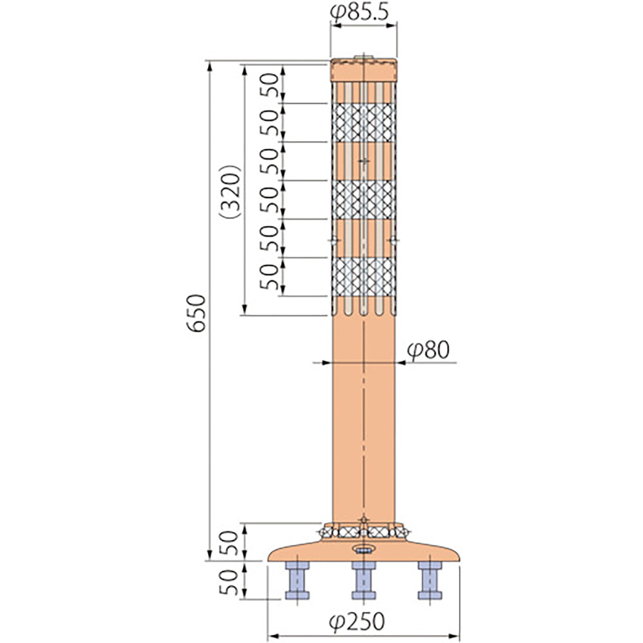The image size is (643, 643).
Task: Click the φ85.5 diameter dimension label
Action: [359, 13]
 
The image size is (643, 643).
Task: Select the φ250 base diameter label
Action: [357, 621]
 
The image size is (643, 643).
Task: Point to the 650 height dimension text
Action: [197, 313]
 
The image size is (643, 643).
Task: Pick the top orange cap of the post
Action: [364, 70]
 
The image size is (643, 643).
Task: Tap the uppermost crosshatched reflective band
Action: [364, 123]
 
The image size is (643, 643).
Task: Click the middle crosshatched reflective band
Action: [364, 199]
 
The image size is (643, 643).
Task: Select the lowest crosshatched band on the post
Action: [364, 276]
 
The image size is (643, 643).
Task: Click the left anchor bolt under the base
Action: [297, 580]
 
